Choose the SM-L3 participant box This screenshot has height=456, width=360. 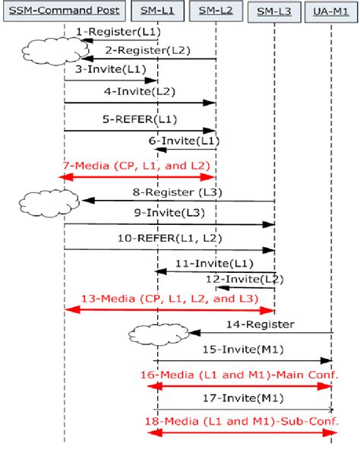(x=273, y=10)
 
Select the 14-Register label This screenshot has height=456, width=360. (x=260, y=325)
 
